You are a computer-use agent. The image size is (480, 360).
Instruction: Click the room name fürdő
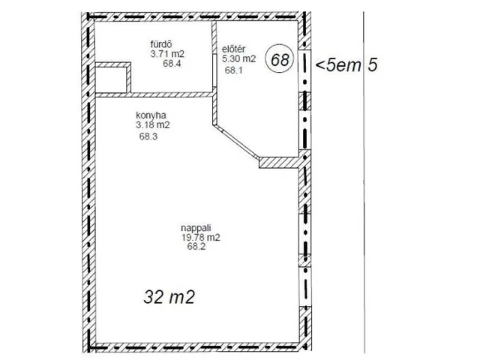(x=161, y=44)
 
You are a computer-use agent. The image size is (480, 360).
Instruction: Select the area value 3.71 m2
(x=167, y=54)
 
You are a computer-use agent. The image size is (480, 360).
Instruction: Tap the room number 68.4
(x=172, y=64)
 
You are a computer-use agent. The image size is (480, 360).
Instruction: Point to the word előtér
(x=233, y=49)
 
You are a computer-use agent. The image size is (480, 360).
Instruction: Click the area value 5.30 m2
(x=238, y=58)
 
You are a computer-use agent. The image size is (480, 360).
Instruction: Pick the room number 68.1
(x=233, y=70)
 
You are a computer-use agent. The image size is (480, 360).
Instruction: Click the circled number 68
(x=280, y=59)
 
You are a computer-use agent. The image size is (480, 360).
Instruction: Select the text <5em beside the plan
(x=338, y=65)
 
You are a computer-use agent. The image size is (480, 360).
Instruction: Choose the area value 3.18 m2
(x=153, y=125)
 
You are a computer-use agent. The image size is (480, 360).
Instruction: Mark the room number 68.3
(x=148, y=136)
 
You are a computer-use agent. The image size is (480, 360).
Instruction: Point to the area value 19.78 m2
(x=201, y=238)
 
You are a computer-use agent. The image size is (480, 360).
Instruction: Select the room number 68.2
(x=196, y=247)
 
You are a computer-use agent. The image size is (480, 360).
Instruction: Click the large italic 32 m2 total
(x=169, y=297)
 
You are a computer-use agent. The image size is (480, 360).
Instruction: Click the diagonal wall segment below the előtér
(x=235, y=142)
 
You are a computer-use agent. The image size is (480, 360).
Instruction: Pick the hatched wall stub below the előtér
(x=278, y=163)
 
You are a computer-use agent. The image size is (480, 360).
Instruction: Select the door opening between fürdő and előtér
(x=214, y=71)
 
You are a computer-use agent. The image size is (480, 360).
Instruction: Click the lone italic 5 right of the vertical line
(x=373, y=65)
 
